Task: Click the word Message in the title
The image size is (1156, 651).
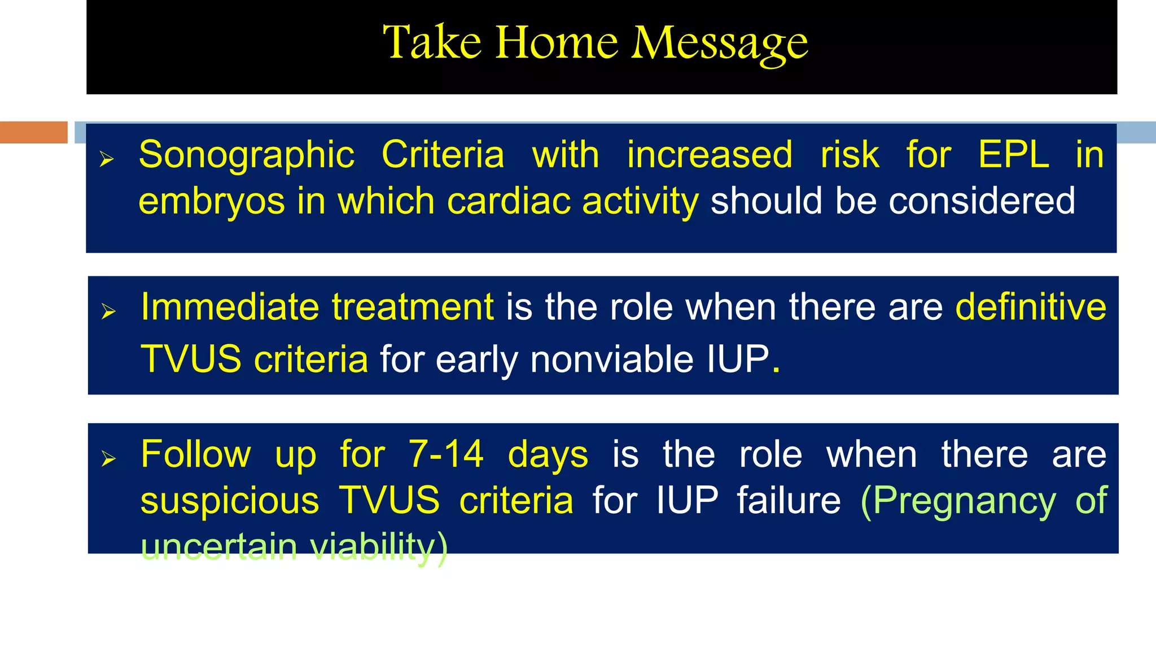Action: [719, 44]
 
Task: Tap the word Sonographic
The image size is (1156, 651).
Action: [247, 155]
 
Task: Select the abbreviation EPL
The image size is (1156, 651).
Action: [1013, 154]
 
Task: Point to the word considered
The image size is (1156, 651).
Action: [982, 201]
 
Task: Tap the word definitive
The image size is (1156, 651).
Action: [1030, 307]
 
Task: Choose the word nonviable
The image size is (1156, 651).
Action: [612, 359]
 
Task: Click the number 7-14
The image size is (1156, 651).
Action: [446, 454]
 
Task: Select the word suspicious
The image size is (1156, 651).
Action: [230, 501]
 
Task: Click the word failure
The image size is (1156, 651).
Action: [789, 501]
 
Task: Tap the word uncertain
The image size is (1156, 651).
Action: [219, 546]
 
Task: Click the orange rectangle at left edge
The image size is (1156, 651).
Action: [34, 132]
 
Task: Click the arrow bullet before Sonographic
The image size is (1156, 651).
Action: [107, 159]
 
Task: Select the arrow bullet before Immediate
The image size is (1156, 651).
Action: [108, 311]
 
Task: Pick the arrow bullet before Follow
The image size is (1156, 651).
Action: [108, 458]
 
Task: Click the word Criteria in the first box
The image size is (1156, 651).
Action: [443, 154]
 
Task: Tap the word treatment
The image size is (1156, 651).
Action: [413, 307]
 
